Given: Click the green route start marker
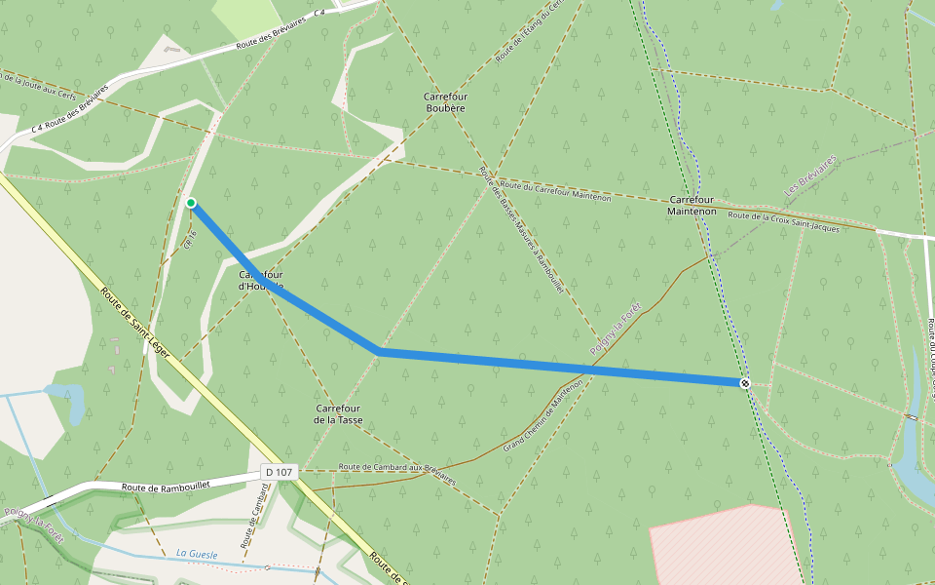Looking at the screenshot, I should click(x=191, y=203).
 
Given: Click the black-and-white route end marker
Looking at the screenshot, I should click(x=745, y=383).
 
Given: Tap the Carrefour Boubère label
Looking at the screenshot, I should click(x=444, y=102).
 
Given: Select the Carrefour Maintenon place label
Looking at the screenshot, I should click(x=692, y=205).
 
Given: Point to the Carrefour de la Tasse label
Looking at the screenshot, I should click(x=338, y=413).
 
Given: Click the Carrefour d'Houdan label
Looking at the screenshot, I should click(x=261, y=281).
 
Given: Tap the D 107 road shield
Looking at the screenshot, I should click(x=279, y=473).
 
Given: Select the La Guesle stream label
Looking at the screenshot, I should click(x=197, y=554).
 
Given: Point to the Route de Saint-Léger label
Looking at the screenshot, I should click(x=136, y=322).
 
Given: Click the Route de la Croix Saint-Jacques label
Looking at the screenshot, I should click(x=783, y=221).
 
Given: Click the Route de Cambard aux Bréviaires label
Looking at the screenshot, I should click(x=396, y=473).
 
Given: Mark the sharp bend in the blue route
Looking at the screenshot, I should click(x=378, y=351).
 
